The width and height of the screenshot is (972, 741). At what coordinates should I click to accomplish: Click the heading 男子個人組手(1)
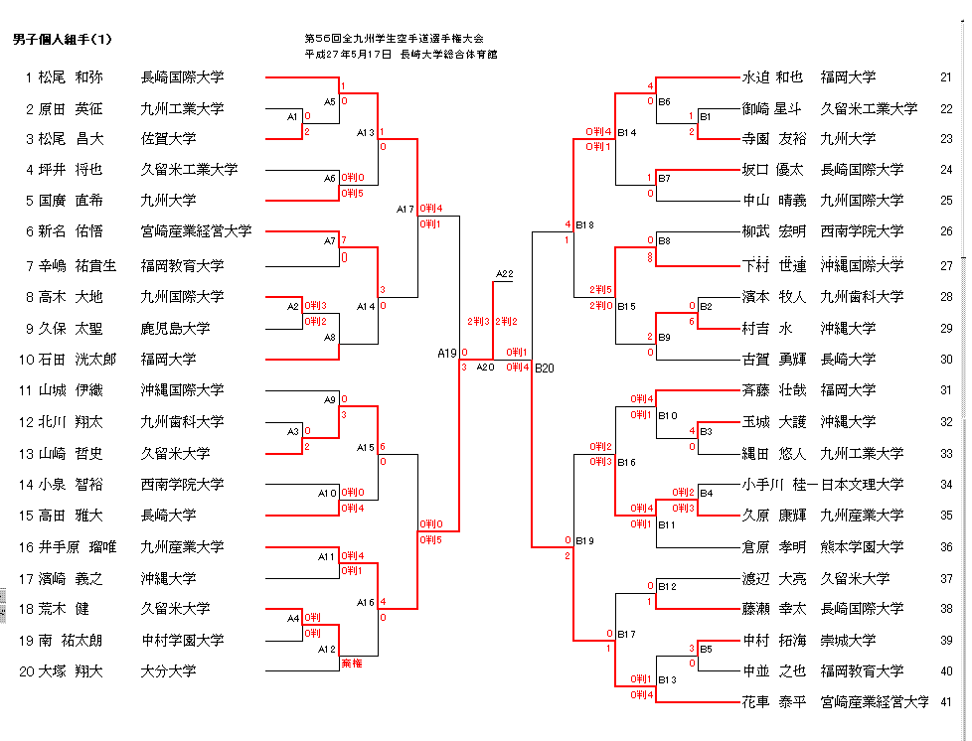click(x=63, y=40)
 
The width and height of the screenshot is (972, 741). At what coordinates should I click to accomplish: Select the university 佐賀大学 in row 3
click(x=169, y=139)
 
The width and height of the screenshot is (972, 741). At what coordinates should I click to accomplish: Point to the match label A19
click(x=446, y=353)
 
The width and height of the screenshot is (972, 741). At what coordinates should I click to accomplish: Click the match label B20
click(x=545, y=369)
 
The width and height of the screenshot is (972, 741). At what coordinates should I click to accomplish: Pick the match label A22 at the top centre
click(x=505, y=274)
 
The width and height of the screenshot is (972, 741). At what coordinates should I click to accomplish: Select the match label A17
click(x=405, y=209)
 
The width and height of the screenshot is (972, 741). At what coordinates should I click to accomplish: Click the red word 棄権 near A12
click(x=352, y=663)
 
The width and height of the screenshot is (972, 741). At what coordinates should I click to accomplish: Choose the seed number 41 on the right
click(x=945, y=702)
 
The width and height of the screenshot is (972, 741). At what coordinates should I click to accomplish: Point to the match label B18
click(x=584, y=224)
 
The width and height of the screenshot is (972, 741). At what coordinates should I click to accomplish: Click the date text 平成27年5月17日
click(x=349, y=55)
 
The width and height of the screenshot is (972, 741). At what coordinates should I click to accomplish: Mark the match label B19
click(x=584, y=541)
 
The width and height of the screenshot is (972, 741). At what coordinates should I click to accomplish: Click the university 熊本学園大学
click(x=862, y=547)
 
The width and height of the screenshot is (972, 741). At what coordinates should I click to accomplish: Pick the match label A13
click(x=366, y=132)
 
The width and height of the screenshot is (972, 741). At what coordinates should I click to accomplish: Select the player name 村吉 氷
click(x=766, y=328)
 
